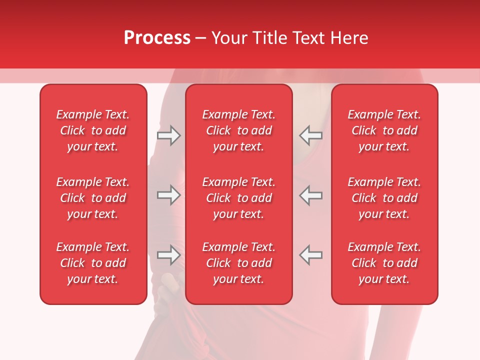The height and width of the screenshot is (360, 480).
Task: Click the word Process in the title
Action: (157, 38)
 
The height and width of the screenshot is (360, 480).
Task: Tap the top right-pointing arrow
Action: (168, 135)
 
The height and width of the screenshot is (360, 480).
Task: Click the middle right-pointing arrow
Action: (168, 195)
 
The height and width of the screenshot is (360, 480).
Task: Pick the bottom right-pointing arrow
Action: (168, 254)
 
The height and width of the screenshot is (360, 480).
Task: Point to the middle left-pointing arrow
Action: (311, 195)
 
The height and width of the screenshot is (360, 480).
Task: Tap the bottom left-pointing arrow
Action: (311, 254)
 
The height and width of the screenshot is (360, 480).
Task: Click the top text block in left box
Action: (93, 130)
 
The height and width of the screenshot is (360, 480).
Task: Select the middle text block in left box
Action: (93, 198)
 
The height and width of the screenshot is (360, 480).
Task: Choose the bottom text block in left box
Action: (93, 263)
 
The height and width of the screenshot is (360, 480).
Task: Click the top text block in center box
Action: (238, 130)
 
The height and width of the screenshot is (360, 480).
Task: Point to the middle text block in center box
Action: (238, 198)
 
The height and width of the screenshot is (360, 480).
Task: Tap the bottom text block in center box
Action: (238, 263)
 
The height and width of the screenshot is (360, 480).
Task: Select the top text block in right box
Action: (384, 130)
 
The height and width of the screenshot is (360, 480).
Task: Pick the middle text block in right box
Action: (384, 198)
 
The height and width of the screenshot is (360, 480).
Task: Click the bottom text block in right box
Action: (384, 263)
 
